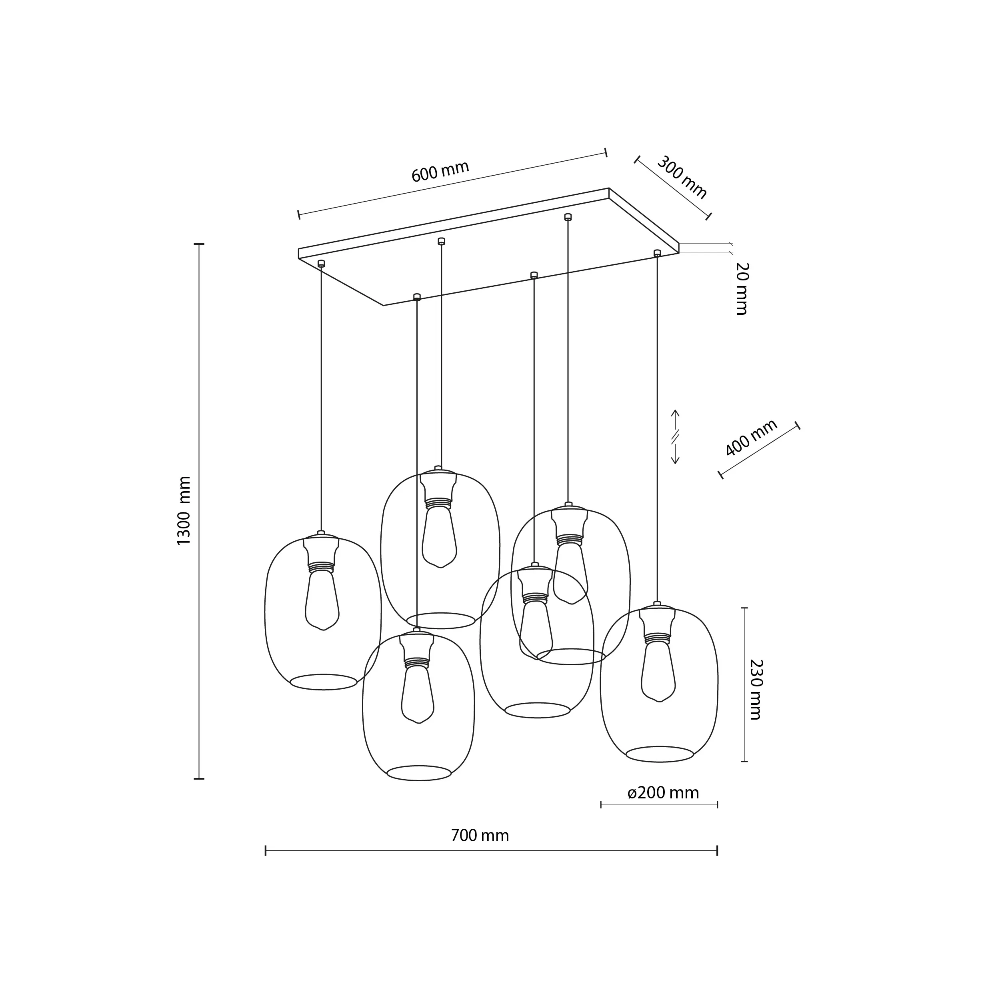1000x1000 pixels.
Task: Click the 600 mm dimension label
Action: coord(440,171)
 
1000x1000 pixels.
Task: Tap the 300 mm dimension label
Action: coord(682,178)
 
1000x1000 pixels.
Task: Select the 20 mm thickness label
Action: coord(741,289)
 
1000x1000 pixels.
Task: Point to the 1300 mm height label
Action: coord(184,510)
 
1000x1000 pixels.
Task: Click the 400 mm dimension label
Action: coord(751,437)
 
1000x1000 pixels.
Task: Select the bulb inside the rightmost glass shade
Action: coord(658,671)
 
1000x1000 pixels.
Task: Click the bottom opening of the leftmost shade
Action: coord(324,682)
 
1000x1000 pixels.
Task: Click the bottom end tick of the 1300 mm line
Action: coord(199,793)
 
